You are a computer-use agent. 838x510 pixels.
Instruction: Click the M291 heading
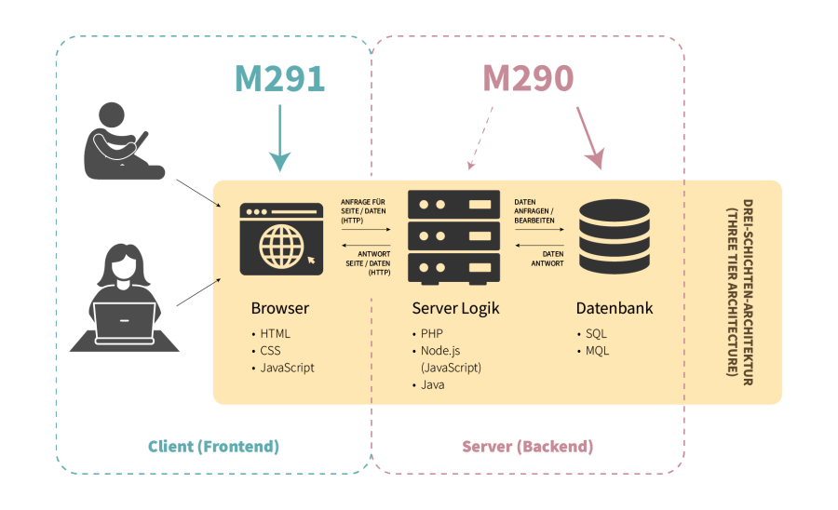pos(279,78)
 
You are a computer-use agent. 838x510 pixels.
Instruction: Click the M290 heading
pos(528,78)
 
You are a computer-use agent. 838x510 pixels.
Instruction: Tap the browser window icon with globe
pos(281,239)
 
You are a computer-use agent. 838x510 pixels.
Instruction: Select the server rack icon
pos(453,237)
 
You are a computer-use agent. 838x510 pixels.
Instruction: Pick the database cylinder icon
pos(614,237)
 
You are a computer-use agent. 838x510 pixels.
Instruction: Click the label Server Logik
pos(455,308)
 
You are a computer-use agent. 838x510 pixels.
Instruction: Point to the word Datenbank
pos(614,308)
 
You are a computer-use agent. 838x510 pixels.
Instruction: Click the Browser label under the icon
pos(279,308)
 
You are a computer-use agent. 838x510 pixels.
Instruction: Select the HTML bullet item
pos(275,333)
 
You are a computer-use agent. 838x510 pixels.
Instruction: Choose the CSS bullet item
pos(270,351)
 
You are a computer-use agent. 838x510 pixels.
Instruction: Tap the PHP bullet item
pos(431,333)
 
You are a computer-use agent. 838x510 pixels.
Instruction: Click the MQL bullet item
pos(597,351)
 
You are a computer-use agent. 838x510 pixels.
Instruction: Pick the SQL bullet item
pos(595,333)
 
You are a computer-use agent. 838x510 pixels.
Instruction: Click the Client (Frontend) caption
pos(213,447)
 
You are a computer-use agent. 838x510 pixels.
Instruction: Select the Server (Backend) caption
pos(527,447)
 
